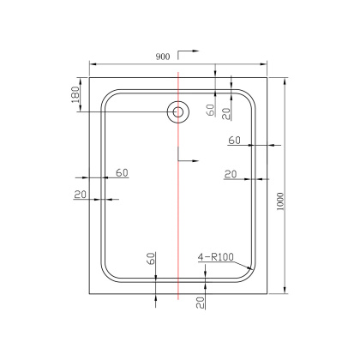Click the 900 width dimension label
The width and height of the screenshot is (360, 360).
[163, 57]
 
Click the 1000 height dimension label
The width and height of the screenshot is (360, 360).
[281, 201]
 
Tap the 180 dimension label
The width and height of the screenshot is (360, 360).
[75, 94]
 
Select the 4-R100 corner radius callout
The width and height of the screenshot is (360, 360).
[216, 257]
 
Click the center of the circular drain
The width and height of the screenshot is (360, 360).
[178, 111]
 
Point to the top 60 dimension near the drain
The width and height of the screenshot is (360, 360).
[211, 110]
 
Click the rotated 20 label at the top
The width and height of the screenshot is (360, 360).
[226, 114]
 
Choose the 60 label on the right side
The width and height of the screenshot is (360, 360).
[234, 141]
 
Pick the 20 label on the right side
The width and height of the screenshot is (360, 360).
[231, 174]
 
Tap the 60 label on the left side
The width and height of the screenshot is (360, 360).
[122, 173]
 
